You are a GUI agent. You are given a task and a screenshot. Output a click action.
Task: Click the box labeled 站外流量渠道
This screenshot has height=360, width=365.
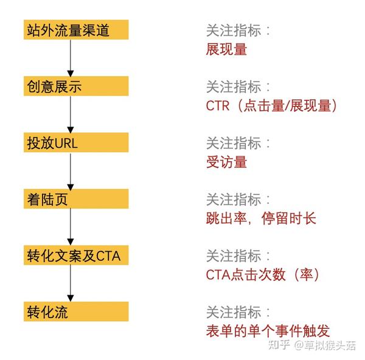(x=76, y=30)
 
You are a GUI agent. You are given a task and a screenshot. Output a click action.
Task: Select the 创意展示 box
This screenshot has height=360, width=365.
(x=76, y=86)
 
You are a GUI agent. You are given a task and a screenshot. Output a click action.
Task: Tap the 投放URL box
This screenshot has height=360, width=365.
(x=76, y=142)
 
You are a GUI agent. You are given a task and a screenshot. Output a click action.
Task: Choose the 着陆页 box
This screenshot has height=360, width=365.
(x=76, y=199)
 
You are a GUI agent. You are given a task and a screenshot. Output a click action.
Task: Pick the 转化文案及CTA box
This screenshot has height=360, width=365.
(x=76, y=255)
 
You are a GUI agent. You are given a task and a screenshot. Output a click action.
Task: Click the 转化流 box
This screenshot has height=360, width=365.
(x=76, y=311)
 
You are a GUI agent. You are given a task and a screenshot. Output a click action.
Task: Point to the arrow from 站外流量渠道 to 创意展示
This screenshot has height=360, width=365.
(x=71, y=58)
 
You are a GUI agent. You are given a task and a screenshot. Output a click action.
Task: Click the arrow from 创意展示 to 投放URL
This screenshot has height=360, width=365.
(x=71, y=114)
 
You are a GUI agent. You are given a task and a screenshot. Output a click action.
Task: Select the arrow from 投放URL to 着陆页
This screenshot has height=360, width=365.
(x=71, y=171)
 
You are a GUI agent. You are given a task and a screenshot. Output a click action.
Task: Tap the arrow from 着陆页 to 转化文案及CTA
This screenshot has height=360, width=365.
(x=71, y=227)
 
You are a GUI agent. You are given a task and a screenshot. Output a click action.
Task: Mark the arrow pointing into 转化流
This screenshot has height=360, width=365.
(x=71, y=283)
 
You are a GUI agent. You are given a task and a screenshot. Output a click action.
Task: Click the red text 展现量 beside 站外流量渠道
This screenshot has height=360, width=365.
(x=226, y=49)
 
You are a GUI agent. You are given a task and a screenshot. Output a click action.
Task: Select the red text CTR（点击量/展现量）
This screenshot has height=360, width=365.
(x=271, y=106)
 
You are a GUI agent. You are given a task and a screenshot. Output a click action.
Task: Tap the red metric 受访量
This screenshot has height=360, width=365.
(x=226, y=162)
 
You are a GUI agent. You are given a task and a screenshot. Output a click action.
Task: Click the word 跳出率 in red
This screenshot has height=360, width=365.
(x=226, y=218)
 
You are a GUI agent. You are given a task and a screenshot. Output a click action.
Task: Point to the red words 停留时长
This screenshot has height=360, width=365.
(x=288, y=218)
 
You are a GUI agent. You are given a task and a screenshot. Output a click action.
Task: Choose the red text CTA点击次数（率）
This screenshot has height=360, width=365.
(x=263, y=275)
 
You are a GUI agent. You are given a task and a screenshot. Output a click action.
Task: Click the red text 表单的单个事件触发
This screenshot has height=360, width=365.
(x=268, y=331)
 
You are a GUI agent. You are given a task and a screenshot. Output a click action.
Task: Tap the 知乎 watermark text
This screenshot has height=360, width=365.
(x=279, y=345)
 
